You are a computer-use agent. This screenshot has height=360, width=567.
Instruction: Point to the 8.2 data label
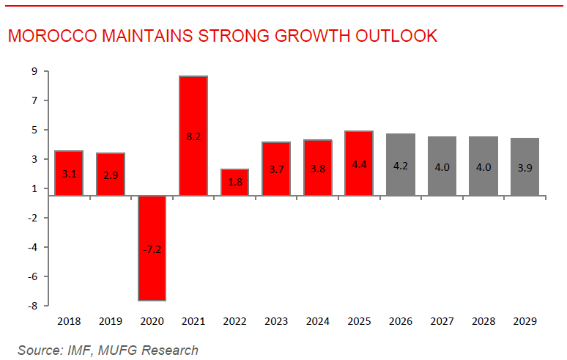coord(193,136)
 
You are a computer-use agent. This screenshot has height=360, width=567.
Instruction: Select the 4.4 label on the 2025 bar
coord(360,165)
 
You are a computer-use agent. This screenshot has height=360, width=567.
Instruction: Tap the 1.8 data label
coord(235,182)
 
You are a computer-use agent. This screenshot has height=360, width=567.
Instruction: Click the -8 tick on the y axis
coord(33,306)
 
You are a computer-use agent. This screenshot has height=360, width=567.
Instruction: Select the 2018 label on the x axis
coord(68,321)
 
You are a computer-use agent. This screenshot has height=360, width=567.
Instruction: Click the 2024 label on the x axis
coord(318,321)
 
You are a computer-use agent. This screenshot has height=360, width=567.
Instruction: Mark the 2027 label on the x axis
coord(442,321)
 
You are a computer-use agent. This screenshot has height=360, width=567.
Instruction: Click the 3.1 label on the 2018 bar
coord(68,175)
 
